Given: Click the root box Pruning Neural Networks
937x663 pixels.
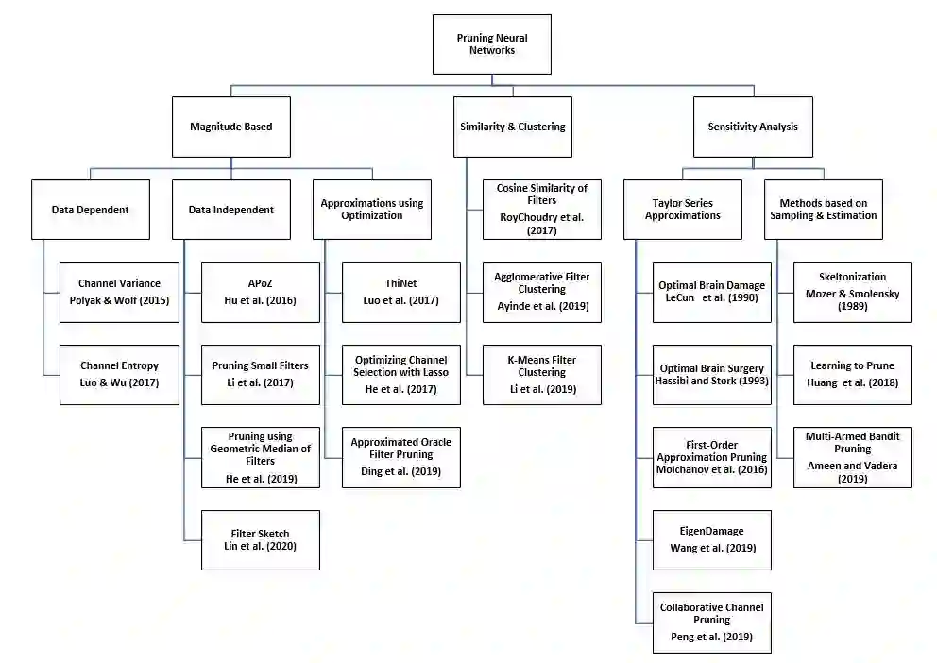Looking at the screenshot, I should (491, 43).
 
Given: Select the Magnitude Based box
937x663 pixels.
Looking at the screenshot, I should (231, 127).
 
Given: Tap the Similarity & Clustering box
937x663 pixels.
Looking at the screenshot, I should (512, 127).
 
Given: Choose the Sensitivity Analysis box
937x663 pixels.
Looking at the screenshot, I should (752, 127).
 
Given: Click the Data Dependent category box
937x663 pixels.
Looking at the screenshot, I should (90, 210).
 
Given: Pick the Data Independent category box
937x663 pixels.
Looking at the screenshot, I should (231, 210).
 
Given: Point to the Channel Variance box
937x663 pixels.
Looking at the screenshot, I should (119, 292).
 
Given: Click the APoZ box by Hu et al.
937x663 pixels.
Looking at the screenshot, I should (260, 292).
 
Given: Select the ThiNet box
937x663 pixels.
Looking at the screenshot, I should (400, 292).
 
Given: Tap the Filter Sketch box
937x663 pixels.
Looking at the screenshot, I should (260, 540).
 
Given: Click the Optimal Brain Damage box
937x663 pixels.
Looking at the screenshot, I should (711, 292).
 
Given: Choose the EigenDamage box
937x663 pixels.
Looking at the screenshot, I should (711, 540).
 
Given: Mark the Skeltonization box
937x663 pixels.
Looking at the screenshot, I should (852, 292).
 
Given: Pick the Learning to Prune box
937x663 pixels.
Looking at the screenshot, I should (852, 375).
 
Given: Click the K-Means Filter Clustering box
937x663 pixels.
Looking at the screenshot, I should (541, 375).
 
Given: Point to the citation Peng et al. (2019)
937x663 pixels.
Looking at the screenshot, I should (711, 637).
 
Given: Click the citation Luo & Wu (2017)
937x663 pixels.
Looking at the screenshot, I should (119, 382).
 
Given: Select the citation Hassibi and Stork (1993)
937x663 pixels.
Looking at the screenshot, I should (711, 382).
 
